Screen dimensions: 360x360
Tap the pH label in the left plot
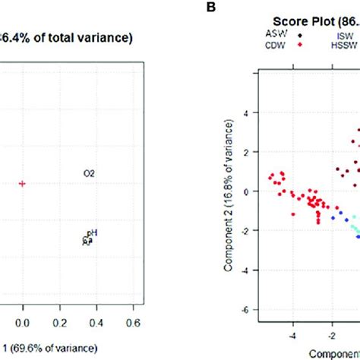[x=92, y=233]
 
